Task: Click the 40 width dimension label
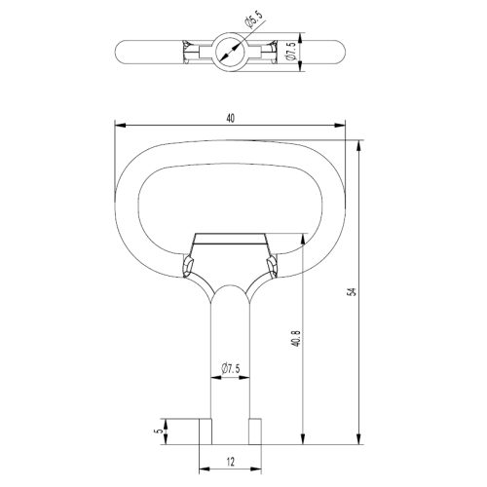pyautogui.click(x=230, y=119)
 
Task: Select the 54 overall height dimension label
pyautogui.click(x=352, y=291)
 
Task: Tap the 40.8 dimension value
pyautogui.click(x=296, y=338)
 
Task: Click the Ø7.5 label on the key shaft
pyautogui.click(x=231, y=369)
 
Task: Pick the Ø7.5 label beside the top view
pyautogui.click(x=291, y=51)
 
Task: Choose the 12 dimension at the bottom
pyautogui.click(x=230, y=462)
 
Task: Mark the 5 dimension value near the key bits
pyautogui.click(x=159, y=431)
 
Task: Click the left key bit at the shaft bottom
pyautogui.click(x=206, y=431)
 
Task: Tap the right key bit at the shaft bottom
pyautogui.click(x=255, y=431)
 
